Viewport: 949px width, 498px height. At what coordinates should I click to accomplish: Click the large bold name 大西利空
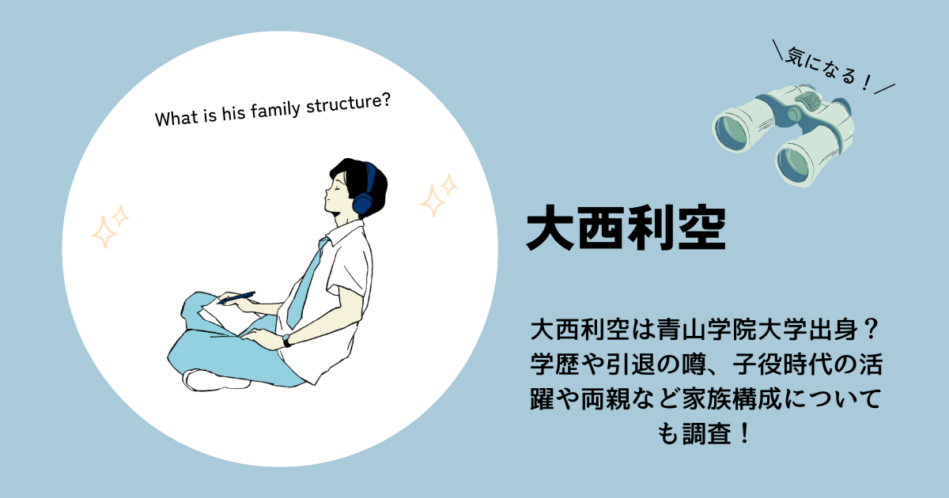(x=626, y=228)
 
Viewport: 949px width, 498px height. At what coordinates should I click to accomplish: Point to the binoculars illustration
(x=783, y=135)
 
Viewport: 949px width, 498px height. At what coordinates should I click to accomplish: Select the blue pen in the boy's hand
(x=236, y=298)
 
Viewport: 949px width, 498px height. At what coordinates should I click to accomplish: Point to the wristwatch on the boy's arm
(x=287, y=341)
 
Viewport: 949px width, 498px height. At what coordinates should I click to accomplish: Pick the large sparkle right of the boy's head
(x=433, y=201)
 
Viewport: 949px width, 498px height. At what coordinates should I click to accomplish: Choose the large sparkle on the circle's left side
(x=103, y=232)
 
